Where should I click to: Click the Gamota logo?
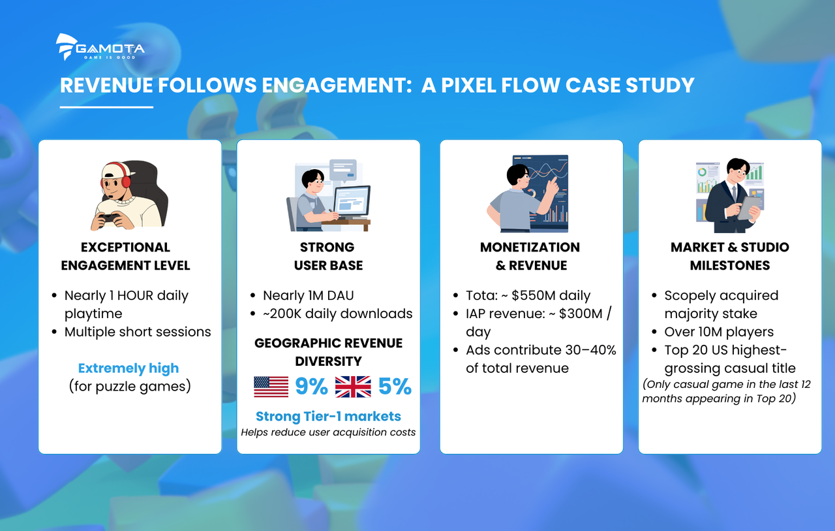[100, 47]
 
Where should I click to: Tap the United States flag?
[271, 387]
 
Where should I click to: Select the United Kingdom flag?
[353, 387]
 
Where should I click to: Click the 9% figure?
[311, 386]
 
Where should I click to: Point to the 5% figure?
[395, 386]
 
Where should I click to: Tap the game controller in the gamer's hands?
[109, 219]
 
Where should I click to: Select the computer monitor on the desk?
[351, 202]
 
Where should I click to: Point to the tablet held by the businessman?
[750, 208]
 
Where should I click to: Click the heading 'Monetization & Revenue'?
[530, 256]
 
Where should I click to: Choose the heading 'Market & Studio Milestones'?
[730, 256]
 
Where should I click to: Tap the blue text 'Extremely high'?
[129, 368]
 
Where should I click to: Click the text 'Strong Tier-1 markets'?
[328, 416]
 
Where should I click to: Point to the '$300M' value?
[581, 314]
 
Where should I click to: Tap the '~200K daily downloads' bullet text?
[338, 314]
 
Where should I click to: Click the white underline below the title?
[106, 107]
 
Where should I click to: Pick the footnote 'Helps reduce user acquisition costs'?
[328, 432]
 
